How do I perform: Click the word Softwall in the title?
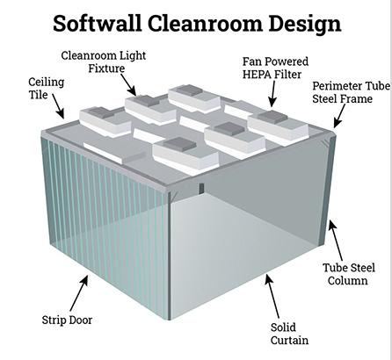tap(97, 24)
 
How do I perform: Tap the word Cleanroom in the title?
tap(205, 24)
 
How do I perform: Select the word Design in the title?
tap(305, 25)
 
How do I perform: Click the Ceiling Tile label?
tap(46, 89)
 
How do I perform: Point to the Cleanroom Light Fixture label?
tap(104, 61)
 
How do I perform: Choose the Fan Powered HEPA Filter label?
tap(275, 68)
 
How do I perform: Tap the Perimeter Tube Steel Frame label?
tap(351, 92)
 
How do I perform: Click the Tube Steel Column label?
tap(349, 274)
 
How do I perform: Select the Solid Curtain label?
tap(289, 334)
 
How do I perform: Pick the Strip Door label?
tap(67, 320)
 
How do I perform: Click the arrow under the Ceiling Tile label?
tap(58, 106)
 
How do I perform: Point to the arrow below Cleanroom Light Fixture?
tap(128, 85)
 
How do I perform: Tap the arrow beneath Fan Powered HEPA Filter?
tap(273, 94)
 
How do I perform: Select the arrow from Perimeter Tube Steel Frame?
tap(339, 116)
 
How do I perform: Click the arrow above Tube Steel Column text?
tap(335, 240)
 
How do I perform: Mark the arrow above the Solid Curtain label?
tap(272, 296)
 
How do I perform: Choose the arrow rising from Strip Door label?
tap(79, 293)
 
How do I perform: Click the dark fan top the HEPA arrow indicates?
tap(272, 117)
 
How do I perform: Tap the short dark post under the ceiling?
tap(201, 189)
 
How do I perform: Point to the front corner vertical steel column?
tap(169, 256)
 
